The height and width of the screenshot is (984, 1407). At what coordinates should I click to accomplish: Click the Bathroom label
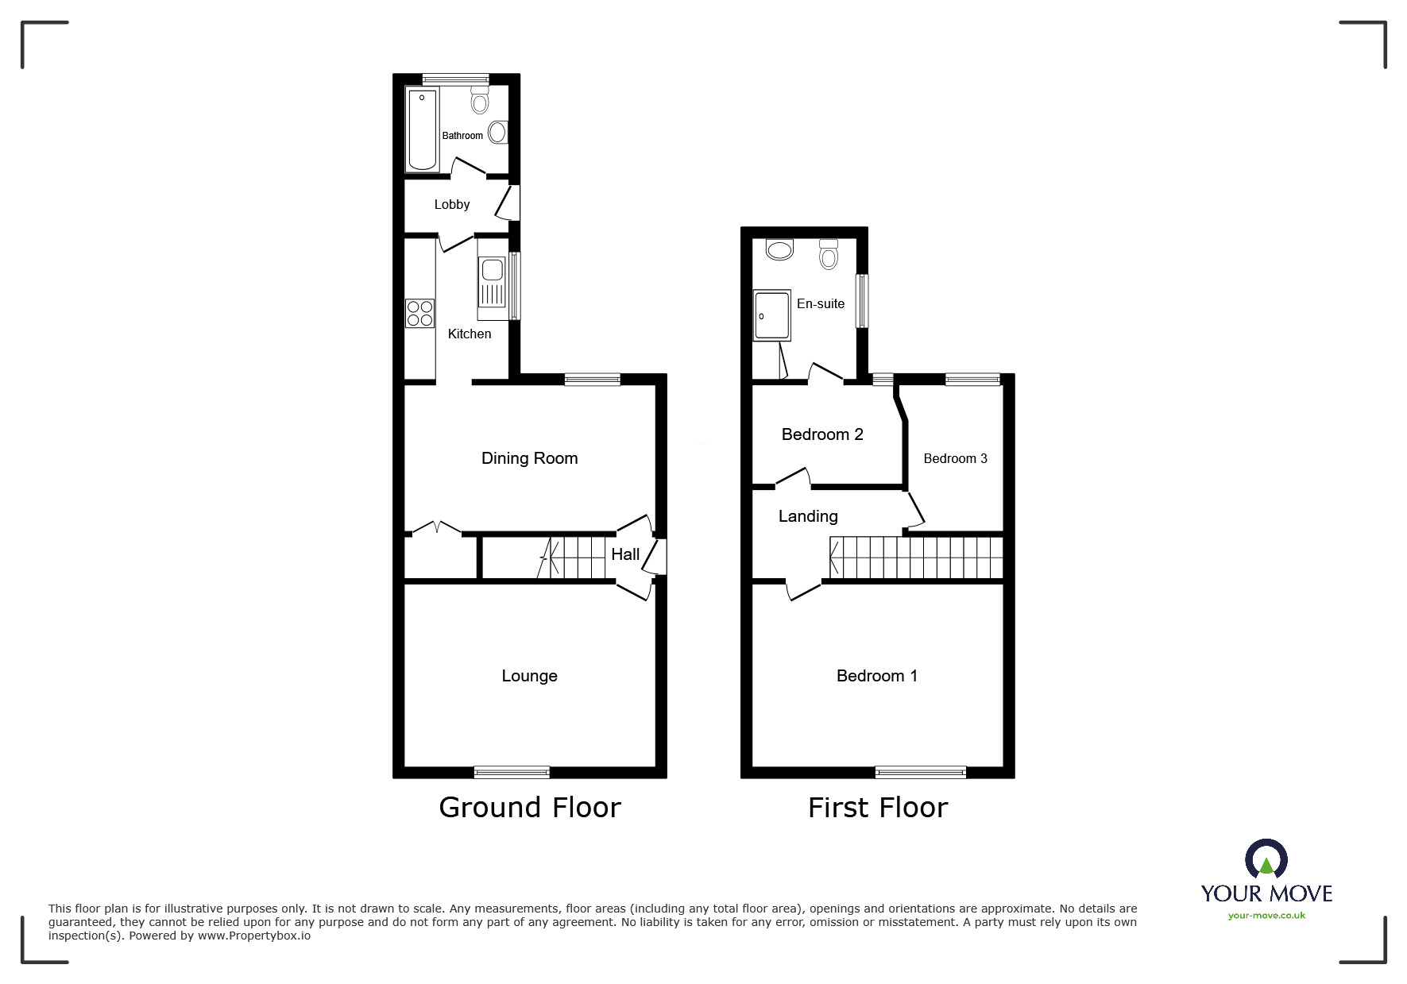click(x=462, y=136)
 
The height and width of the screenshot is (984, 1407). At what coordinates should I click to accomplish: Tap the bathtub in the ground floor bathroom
click(x=422, y=130)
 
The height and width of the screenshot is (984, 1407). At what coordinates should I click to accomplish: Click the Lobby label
click(x=452, y=205)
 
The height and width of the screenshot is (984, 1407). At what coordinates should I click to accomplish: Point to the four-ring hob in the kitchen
click(x=419, y=313)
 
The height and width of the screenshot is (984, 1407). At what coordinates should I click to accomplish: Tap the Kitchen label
click(x=470, y=334)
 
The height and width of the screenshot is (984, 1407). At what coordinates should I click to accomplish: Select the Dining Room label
click(x=529, y=458)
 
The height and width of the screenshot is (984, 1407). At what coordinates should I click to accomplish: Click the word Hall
click(x=625, y=555)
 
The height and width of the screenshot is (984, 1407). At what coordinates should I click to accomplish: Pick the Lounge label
click(x=529, y=676)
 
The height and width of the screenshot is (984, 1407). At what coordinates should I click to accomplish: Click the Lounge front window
click(x=512, y=771)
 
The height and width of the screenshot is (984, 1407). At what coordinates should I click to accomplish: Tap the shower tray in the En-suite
click(x=771, y=314)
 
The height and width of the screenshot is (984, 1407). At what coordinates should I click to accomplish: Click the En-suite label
click(x=821, y=304)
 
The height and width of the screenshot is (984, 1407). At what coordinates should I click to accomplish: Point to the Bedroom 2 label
click(x=822, y=434)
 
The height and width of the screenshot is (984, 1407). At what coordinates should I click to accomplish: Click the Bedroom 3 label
click(x=955, y=459)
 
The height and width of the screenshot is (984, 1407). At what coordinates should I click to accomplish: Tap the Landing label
click(x=808, y=517)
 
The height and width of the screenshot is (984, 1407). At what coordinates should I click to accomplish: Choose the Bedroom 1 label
click(x=876, y=676)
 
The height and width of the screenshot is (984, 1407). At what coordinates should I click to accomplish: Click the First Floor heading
click(x=878, y=808)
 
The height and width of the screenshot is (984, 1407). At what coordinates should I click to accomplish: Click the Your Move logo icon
click(x=1266, y=860)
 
